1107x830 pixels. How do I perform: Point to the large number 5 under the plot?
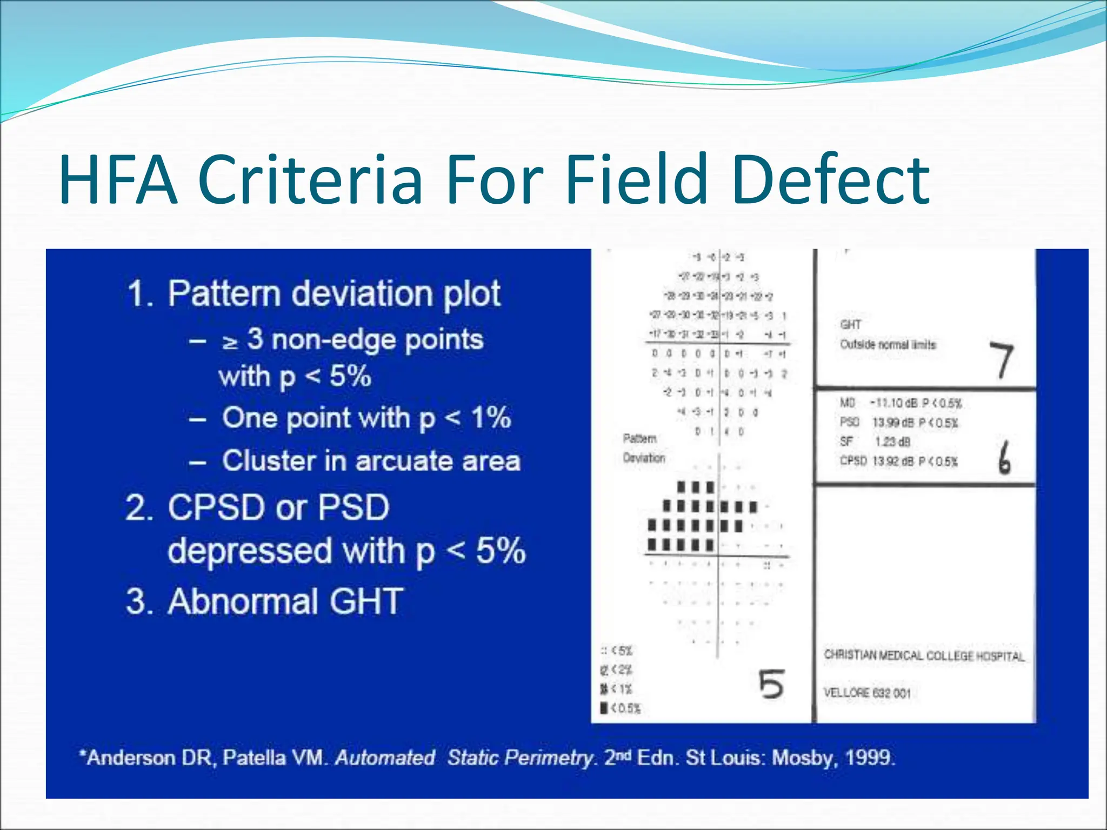tap(771, 684)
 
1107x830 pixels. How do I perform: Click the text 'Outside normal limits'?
tap(888, 345)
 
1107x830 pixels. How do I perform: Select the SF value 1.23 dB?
tap(892, 442)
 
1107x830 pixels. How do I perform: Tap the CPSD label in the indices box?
tap(853, 461)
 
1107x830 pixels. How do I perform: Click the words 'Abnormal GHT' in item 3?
tap(285, 601)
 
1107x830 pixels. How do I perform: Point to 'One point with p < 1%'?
tap(366, 418)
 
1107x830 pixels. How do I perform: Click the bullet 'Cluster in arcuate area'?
tap(371, 461)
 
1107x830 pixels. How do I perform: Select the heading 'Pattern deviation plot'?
tap(334, 294)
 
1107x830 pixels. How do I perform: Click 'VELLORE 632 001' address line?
tap(867, 693)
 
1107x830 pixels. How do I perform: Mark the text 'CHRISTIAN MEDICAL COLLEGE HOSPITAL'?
tap(924, 656)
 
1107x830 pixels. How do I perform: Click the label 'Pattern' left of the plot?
tap(639, 438)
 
